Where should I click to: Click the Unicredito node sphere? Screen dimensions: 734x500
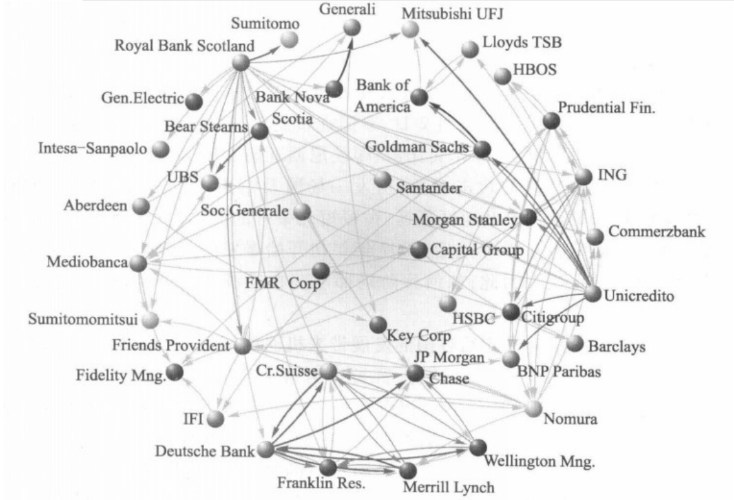pos(592,293)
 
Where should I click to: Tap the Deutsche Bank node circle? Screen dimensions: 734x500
pos(266,450)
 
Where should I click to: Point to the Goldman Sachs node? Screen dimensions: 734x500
pos(482,149)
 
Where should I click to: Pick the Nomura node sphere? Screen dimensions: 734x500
pos(533,409)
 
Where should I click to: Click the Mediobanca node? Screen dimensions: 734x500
pos(139,263)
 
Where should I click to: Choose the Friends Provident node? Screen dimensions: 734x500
pos(242,346)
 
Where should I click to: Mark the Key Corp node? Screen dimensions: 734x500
pos(378,324)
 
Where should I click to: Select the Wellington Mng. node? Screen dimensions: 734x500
pos(478,447)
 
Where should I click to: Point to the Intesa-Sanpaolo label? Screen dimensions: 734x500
pos(93,150)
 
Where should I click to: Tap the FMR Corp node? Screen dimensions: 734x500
pos(320,270)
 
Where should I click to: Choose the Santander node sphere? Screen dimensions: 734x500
pos(381,179)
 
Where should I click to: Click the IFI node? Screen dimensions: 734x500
pos(216,419)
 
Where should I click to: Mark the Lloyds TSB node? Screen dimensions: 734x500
pos(470,49)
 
